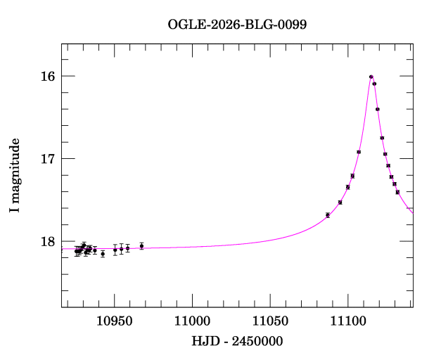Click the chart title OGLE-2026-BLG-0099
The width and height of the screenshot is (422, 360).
point(237,25)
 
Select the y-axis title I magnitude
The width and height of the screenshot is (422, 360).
point(15,176)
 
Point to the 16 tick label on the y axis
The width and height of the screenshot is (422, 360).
point(47,76)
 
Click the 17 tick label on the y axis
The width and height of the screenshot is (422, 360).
point(47,159)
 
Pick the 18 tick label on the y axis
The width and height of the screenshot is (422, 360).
point(47,241)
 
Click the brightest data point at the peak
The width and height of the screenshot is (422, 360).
point(371,77)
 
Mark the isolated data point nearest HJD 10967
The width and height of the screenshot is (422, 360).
point(141,245)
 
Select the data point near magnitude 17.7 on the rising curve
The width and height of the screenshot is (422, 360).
point(328,214)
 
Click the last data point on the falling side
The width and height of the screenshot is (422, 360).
point(397,192)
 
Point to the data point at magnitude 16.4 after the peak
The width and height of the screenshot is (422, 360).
point(378,109)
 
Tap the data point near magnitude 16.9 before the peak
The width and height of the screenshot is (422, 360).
point(359,152)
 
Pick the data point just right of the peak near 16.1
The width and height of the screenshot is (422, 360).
point(374,84)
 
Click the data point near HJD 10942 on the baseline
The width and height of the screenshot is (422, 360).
point(103,253)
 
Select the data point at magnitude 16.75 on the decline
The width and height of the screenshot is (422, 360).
point(382,138)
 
